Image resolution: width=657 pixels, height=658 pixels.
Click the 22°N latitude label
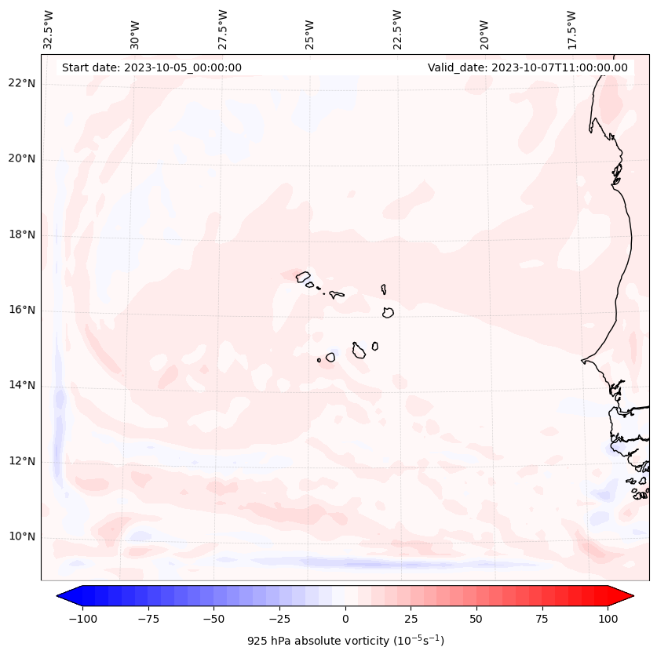21,84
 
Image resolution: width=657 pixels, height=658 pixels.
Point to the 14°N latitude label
21,386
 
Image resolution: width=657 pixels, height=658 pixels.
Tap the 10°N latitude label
21,537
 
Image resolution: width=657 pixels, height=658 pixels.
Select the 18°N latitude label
21,234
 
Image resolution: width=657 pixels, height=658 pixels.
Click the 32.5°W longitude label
49,29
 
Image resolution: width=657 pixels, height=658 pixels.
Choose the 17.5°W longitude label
571,29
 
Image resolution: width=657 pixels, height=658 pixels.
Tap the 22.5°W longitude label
397,29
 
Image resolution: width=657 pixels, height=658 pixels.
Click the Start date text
151,67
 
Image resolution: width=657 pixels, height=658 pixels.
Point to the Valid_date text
527,67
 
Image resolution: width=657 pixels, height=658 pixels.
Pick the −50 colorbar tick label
214,619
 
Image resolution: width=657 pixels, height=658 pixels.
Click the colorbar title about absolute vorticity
345,641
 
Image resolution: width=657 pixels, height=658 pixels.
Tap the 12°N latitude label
21,461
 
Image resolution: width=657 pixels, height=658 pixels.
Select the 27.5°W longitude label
223,29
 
